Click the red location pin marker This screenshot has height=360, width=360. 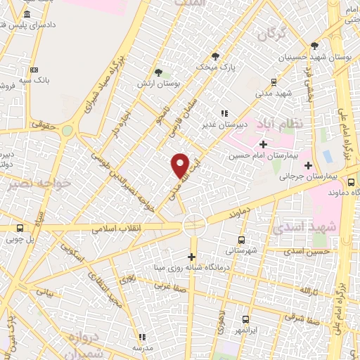coord(181,165)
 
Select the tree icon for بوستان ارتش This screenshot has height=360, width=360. coord(158,72)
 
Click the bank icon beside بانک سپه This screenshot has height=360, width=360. coord(34,70)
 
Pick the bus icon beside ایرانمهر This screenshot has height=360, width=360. coord(245,319)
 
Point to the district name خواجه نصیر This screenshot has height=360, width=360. coord(33,186)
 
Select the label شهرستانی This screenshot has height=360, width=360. coord(241,250)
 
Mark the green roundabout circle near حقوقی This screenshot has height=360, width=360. coord(67,131)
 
